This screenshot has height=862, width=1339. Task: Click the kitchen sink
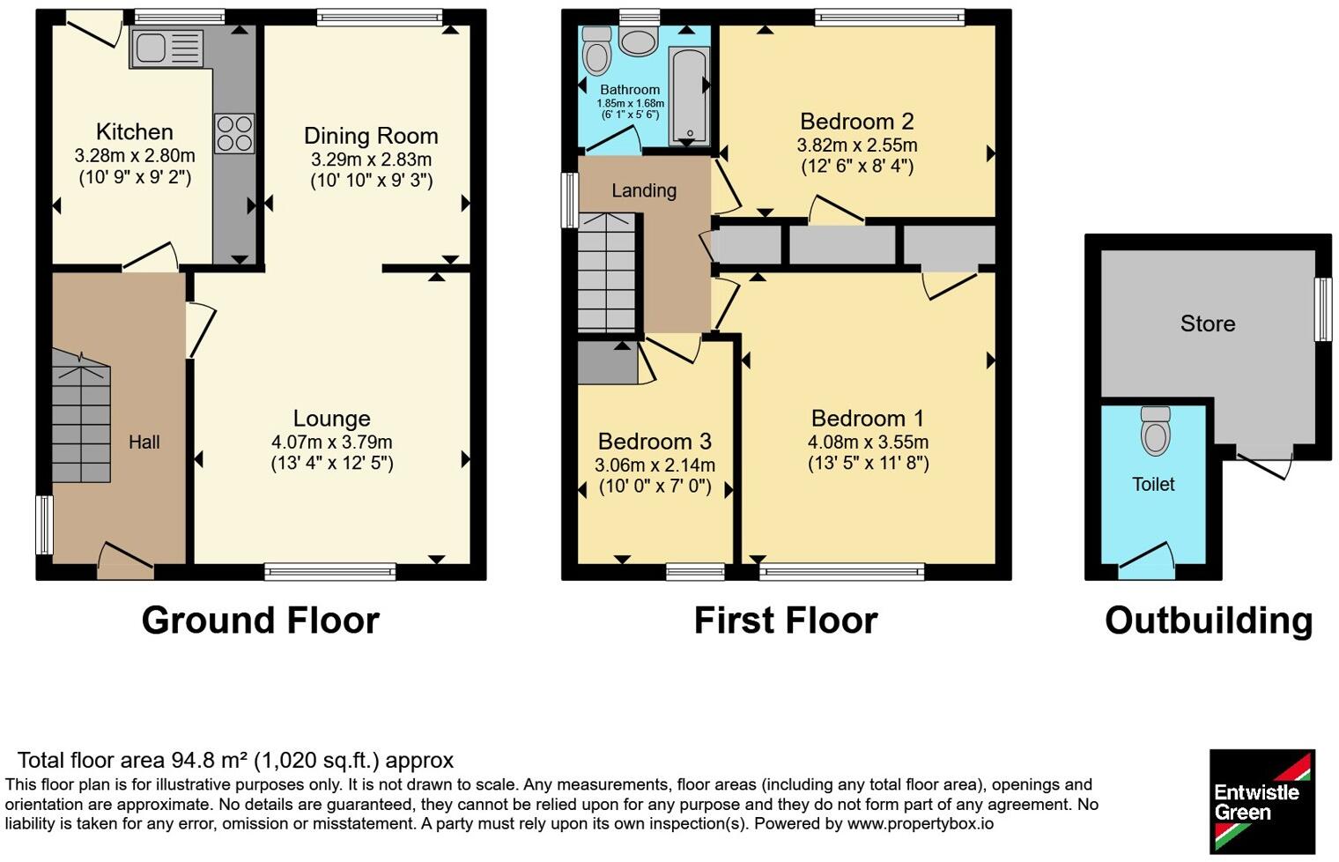(x=166, y=48)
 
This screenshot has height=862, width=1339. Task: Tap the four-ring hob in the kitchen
(x=234, y=133)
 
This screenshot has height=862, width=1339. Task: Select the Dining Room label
(x=371, y=136)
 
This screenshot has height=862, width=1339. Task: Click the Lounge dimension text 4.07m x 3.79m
(x=332, y=442)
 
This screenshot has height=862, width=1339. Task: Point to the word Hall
(x=144, y=442)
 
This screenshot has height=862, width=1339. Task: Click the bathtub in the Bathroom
(x=689, y=96)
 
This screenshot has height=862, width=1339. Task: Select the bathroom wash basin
(x=639, y=40)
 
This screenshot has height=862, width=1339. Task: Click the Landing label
(x=644, y=191)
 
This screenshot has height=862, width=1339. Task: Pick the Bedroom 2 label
(x=856, y=122)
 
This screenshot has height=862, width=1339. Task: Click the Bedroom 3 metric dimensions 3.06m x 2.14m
(x=655, y=464)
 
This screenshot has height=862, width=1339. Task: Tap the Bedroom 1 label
(x=868, y=418)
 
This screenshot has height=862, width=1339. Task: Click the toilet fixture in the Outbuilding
(x=1155, y=431)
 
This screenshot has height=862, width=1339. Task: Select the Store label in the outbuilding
(x=1208, y=323)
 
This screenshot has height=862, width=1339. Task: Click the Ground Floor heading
(x=261, y=620)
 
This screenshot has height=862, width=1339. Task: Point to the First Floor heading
(x=786, y=620)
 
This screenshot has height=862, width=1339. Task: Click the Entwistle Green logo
(x=1261, y=801)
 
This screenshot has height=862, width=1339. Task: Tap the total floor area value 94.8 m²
(x=210, y=761)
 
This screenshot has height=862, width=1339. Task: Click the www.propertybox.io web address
(x=921, y=824)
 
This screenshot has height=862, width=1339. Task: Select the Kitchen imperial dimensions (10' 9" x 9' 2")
(x=135, y=178)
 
